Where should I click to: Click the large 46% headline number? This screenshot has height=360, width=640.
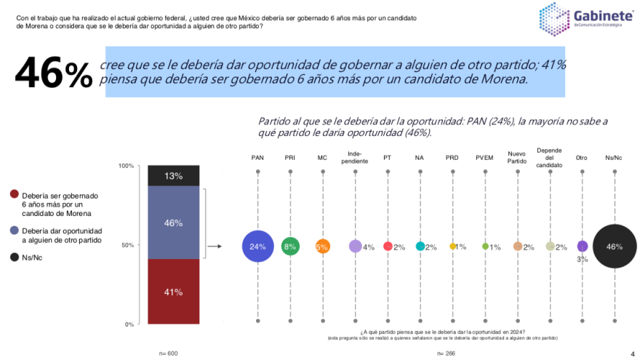(x=54, y=72)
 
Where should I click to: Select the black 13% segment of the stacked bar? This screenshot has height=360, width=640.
(x=173, y=176)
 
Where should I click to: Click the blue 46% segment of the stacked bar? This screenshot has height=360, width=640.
(x=173, y=223)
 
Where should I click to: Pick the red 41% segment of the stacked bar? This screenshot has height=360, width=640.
(x=173, y=292)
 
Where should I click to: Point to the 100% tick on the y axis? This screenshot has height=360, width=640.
(x=126, y=166)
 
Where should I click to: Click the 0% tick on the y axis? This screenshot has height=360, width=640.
(x=128, y=324)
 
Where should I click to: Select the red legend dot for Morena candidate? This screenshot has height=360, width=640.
(x=14, y=196)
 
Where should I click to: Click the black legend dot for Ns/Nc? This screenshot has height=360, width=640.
(x=14, y=257)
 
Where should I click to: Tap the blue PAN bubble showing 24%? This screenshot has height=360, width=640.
(x=257, y=247)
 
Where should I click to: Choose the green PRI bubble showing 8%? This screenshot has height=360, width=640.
(x=290, y=247)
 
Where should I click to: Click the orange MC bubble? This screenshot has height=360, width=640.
(x=322, y=247)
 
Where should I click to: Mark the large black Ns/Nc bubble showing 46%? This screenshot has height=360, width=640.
(x=615, y=247)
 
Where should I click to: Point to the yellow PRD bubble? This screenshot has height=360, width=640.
(x=452, y=247)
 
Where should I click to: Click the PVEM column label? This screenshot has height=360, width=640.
(x=484, y=157)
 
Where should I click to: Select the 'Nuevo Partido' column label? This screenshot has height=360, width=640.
(x=517, y=157)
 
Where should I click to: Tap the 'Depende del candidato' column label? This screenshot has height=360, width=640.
(x=550, y=157)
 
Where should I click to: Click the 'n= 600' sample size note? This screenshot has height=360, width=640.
(x=168, y=353)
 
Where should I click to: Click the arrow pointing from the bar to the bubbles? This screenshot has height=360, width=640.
(x=215, y=247)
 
